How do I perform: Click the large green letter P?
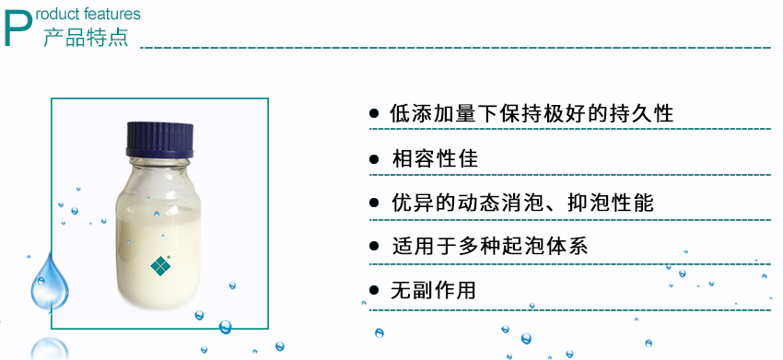[x=20, y=29]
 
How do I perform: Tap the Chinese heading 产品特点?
[x=86, y=38]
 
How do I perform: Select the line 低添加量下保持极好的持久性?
[x=532, y=114]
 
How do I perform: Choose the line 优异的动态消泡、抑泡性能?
[x=521, y=203]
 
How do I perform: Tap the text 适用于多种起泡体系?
[x=488, y=247]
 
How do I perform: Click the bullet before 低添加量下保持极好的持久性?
[x=374, y=114]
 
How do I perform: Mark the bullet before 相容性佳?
[x=374, y=158]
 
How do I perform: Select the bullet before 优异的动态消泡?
[x=374, y=203]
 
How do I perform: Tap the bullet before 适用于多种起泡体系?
[x=374, y=247]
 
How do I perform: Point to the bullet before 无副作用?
[x=374, y=291]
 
